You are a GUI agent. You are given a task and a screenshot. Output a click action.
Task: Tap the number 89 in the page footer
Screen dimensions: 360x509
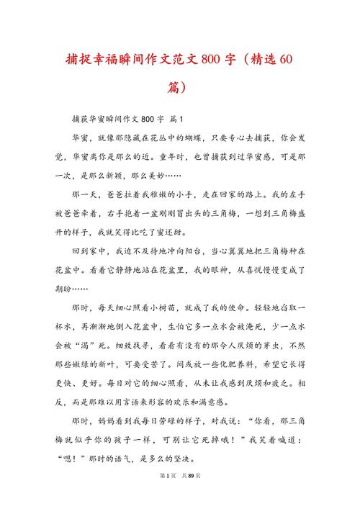190,496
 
